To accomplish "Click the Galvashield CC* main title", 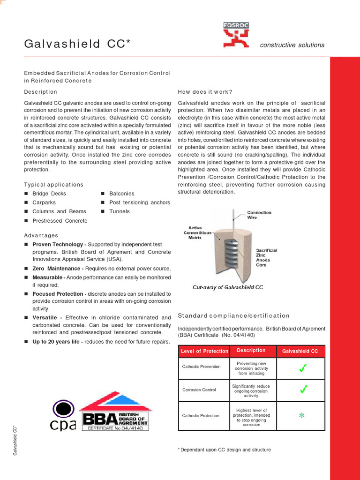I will [x=77, y=44].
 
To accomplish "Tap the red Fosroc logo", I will [x=236, y=36].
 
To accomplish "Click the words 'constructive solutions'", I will [x=292, y=45].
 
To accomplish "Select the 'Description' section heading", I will [x=40, y=92].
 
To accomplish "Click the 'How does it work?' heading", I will [x=205, y=92].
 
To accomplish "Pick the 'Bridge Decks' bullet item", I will [x=49, y=194].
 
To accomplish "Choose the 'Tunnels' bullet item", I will [x=120, y=211].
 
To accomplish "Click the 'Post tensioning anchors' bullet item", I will [x=139, y=202].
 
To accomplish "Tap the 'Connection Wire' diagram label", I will [x=259, y=215].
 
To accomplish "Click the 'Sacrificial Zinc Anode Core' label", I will [x=266, y=257].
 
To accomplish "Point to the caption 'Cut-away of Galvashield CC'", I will [x=228, y=287].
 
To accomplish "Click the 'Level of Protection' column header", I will [x=204, y=351].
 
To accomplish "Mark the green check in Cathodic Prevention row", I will [x=303, y=369].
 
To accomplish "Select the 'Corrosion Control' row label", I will [x=199, y=390].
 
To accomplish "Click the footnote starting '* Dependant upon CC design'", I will [x=225, y=450].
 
